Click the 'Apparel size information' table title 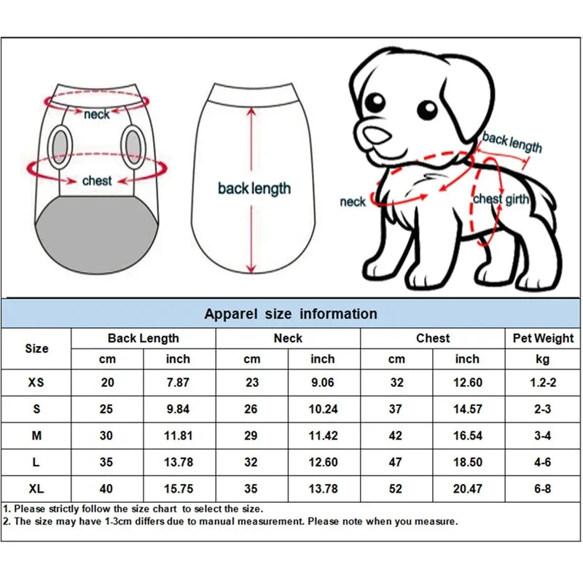tap(291, 314)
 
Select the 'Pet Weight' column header tap(544, 338)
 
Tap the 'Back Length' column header tap(143, 338)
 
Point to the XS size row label tap(36, 383)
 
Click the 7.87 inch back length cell tap(178, 383)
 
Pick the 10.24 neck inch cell tap(323, 410)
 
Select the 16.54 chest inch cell tap(467, 436)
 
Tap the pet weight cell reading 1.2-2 tap(542, 383)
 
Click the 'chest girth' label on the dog tap(501, 199)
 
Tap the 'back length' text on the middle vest tap(254, 189)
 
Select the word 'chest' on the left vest tap(97, 180)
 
